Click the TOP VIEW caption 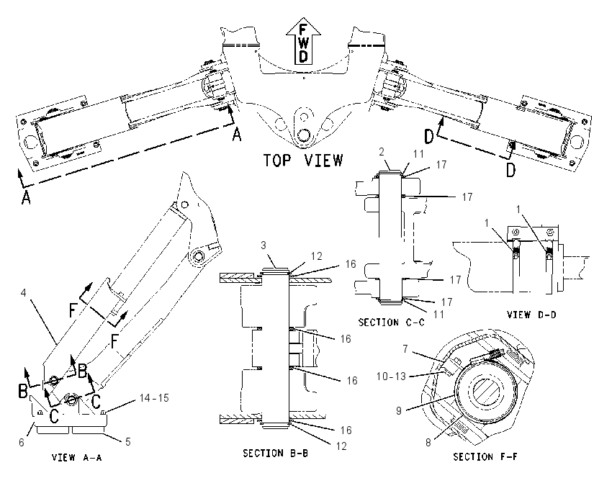pos(303,161)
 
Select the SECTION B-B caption pos(276,453)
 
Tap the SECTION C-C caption pos(392,323)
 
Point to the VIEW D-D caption pos(531,314)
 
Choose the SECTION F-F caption pos(485,456)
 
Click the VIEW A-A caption pos(77,457)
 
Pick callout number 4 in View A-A pos(24,292)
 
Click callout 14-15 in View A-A pos(154,398)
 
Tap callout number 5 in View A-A pos(127,442)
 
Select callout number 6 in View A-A pos(22,442)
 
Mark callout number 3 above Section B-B pos(264,245)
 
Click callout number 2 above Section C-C pos(382,152)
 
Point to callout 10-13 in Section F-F pos(391,376)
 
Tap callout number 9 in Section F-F pos(398,411)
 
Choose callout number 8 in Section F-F pos(428,443)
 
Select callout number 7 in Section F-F pos(405,348)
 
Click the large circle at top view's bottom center pos(303,135)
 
